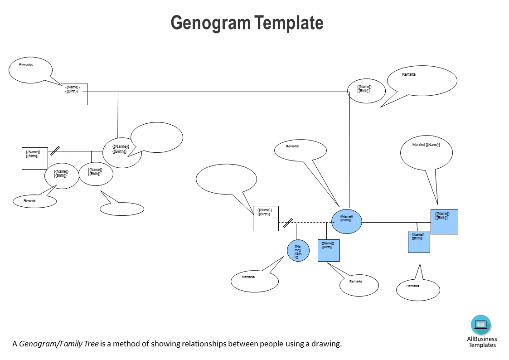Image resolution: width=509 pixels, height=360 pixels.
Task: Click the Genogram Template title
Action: pyautogui.click(x=247, y=23)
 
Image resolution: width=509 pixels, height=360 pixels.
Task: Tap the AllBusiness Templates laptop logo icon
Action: pyautogui.click(x=481, y=325)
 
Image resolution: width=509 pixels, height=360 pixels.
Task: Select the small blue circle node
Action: pyautogui.click(x=298, y=251)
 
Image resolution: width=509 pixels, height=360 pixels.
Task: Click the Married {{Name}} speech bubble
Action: pyautogui.click(x=426, y=152)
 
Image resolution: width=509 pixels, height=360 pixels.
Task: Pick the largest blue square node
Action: pyautogui.click(x=444, y=221)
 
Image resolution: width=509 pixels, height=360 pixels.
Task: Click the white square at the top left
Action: pyautogui.click(x=74, y=94)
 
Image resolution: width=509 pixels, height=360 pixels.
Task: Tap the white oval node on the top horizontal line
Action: pyautogui.click(x=366, y=91)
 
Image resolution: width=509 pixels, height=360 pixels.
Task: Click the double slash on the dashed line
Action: pyautogui.click(x=288, y=223)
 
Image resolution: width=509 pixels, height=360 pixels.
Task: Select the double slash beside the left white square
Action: pyautogui.click(x=55, y=151)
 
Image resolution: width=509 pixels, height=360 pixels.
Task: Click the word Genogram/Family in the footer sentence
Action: pyautogui.click(x=58, y=344)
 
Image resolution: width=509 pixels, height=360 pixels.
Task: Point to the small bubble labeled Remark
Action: pyautogui.click(x=34, y=201)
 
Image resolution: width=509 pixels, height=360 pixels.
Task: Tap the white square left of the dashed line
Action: pyautogui.click(x=266, y=218)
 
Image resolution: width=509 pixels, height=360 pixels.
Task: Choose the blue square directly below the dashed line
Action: pyautogui.click(x=329, y=250)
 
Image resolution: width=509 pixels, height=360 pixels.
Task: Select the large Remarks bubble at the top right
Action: pyautogui.click(x=422, y=81)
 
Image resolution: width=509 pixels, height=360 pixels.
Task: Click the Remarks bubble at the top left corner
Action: pyautogui.click(x=30, y=70)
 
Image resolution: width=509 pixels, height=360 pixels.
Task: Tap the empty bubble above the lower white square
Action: pyautogui.click(x=226, y=178)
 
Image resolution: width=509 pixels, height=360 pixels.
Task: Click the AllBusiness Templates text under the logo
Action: pyautogui.click(x=482, y=342)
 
